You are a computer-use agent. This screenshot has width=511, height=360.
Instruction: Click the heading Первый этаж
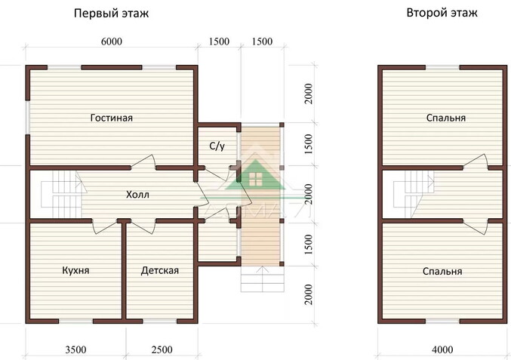point(111,14)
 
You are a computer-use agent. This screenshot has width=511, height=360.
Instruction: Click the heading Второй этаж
point(442,13)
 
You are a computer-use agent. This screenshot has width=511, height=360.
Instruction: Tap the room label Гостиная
point(112,118)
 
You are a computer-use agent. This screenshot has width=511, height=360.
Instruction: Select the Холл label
point(137,195)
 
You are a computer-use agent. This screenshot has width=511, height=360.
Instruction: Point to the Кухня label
point(75,270)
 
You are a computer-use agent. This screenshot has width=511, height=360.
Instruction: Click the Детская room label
point(160,271)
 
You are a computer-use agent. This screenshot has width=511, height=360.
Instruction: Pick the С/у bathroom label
point(217,146)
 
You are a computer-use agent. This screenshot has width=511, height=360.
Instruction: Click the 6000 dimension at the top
point(112,42)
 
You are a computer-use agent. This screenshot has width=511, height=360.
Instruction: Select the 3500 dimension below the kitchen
point(76,350)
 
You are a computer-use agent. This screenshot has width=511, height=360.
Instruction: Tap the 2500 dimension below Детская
point(162,350)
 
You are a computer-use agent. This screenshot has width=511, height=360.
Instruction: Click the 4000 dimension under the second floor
point(442,350)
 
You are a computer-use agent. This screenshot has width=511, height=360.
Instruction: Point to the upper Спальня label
point(446,118)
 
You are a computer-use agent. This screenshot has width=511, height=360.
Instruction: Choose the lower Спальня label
point(442,271)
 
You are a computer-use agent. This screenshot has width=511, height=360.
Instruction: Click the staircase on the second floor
point(414,194)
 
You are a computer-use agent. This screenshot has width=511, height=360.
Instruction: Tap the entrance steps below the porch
point(263,279)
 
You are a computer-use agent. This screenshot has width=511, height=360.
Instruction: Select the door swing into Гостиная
point(143,162)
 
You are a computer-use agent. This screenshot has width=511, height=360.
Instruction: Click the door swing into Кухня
point(104,226)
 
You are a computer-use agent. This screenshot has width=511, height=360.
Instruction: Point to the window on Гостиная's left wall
point(28,118)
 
